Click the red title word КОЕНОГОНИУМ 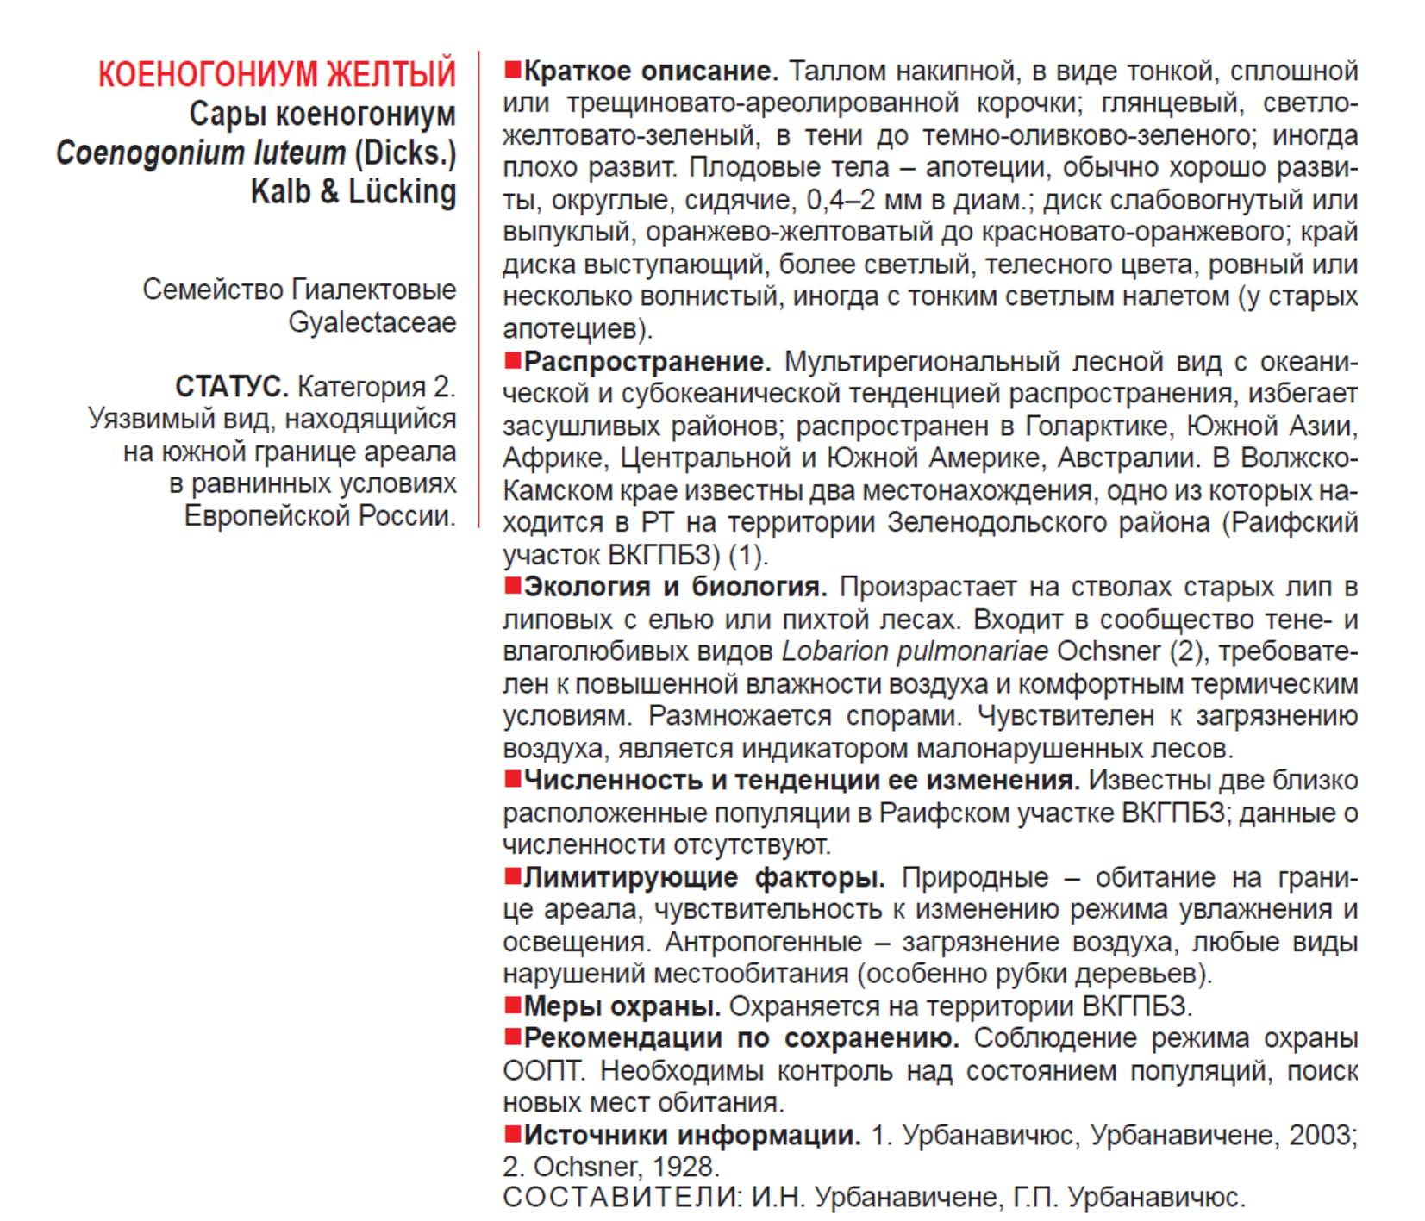coord(195,74)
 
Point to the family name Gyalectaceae coord(372,322)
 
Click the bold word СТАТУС coord(231,387)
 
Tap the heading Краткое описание coord(651,71)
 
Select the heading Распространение coord(647,361)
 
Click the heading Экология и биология coord(675,587)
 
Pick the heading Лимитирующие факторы coord(703,878)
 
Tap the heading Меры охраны coord(622,1006)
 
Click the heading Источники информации coord(691,1135)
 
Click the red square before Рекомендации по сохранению coord(513,1037)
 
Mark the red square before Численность coord(513,780)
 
